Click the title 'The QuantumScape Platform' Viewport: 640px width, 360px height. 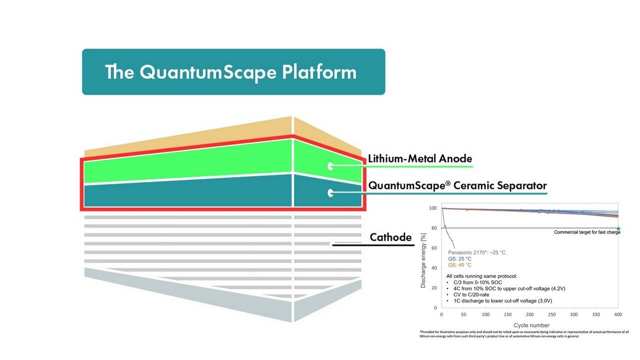pos(230,72)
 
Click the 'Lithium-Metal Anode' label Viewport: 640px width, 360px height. pos(420,159)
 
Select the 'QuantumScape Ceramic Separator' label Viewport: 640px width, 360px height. pos(457,185)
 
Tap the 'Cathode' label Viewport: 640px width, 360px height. pos(390,237)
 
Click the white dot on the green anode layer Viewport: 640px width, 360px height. pos(330,166)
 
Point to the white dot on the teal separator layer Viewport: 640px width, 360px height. pos(330,192)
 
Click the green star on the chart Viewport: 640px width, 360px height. pos(618,228)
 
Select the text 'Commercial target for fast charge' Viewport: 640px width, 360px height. pos(587,232)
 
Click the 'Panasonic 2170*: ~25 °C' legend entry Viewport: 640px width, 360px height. pos(476,252)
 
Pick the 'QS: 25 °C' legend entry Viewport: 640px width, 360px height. pos(459,259)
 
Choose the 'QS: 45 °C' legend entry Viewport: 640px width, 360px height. pos(459,265)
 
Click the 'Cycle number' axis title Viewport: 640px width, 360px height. pos(531,325)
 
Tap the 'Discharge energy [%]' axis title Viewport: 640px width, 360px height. pos(423,260)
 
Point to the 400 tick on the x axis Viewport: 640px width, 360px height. pos(618,314)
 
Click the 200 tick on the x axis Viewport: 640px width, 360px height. pos(529,314)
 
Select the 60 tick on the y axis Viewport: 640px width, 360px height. pos(433,248)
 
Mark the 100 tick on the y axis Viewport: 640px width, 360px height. pos(432,208)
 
